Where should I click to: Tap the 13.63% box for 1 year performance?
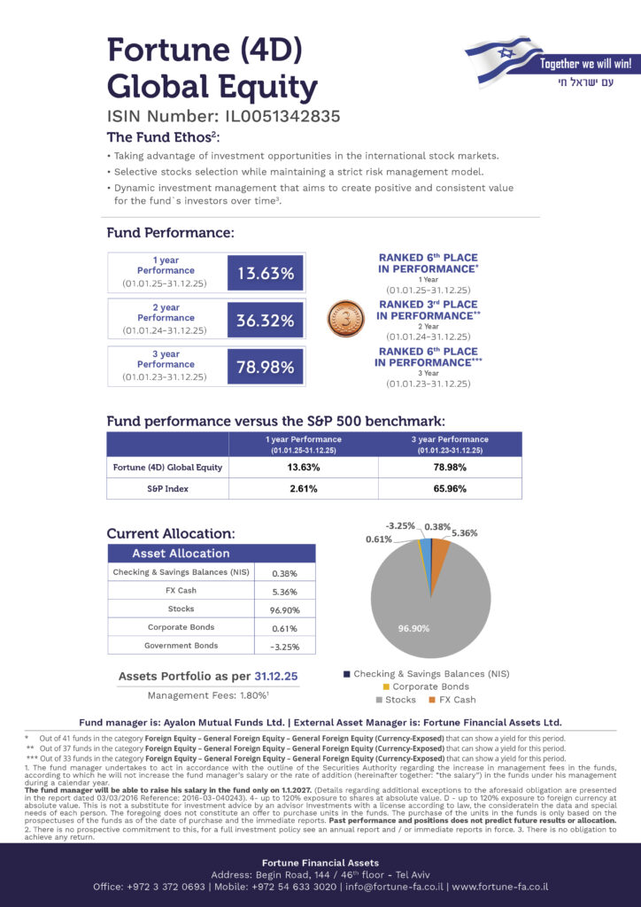(266, 274)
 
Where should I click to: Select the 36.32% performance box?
(266, 321)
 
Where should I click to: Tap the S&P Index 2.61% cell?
(303, 489)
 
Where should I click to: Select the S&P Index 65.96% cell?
(450, 489)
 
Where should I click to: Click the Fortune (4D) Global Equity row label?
(166, 467)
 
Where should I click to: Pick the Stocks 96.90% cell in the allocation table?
(283, 610)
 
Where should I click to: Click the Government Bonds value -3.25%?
(283, 647)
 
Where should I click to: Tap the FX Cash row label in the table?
(181, 591)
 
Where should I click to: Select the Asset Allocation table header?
(181, 554)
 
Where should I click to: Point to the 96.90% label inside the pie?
(413, 628)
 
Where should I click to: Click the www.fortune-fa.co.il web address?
(500, 887)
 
